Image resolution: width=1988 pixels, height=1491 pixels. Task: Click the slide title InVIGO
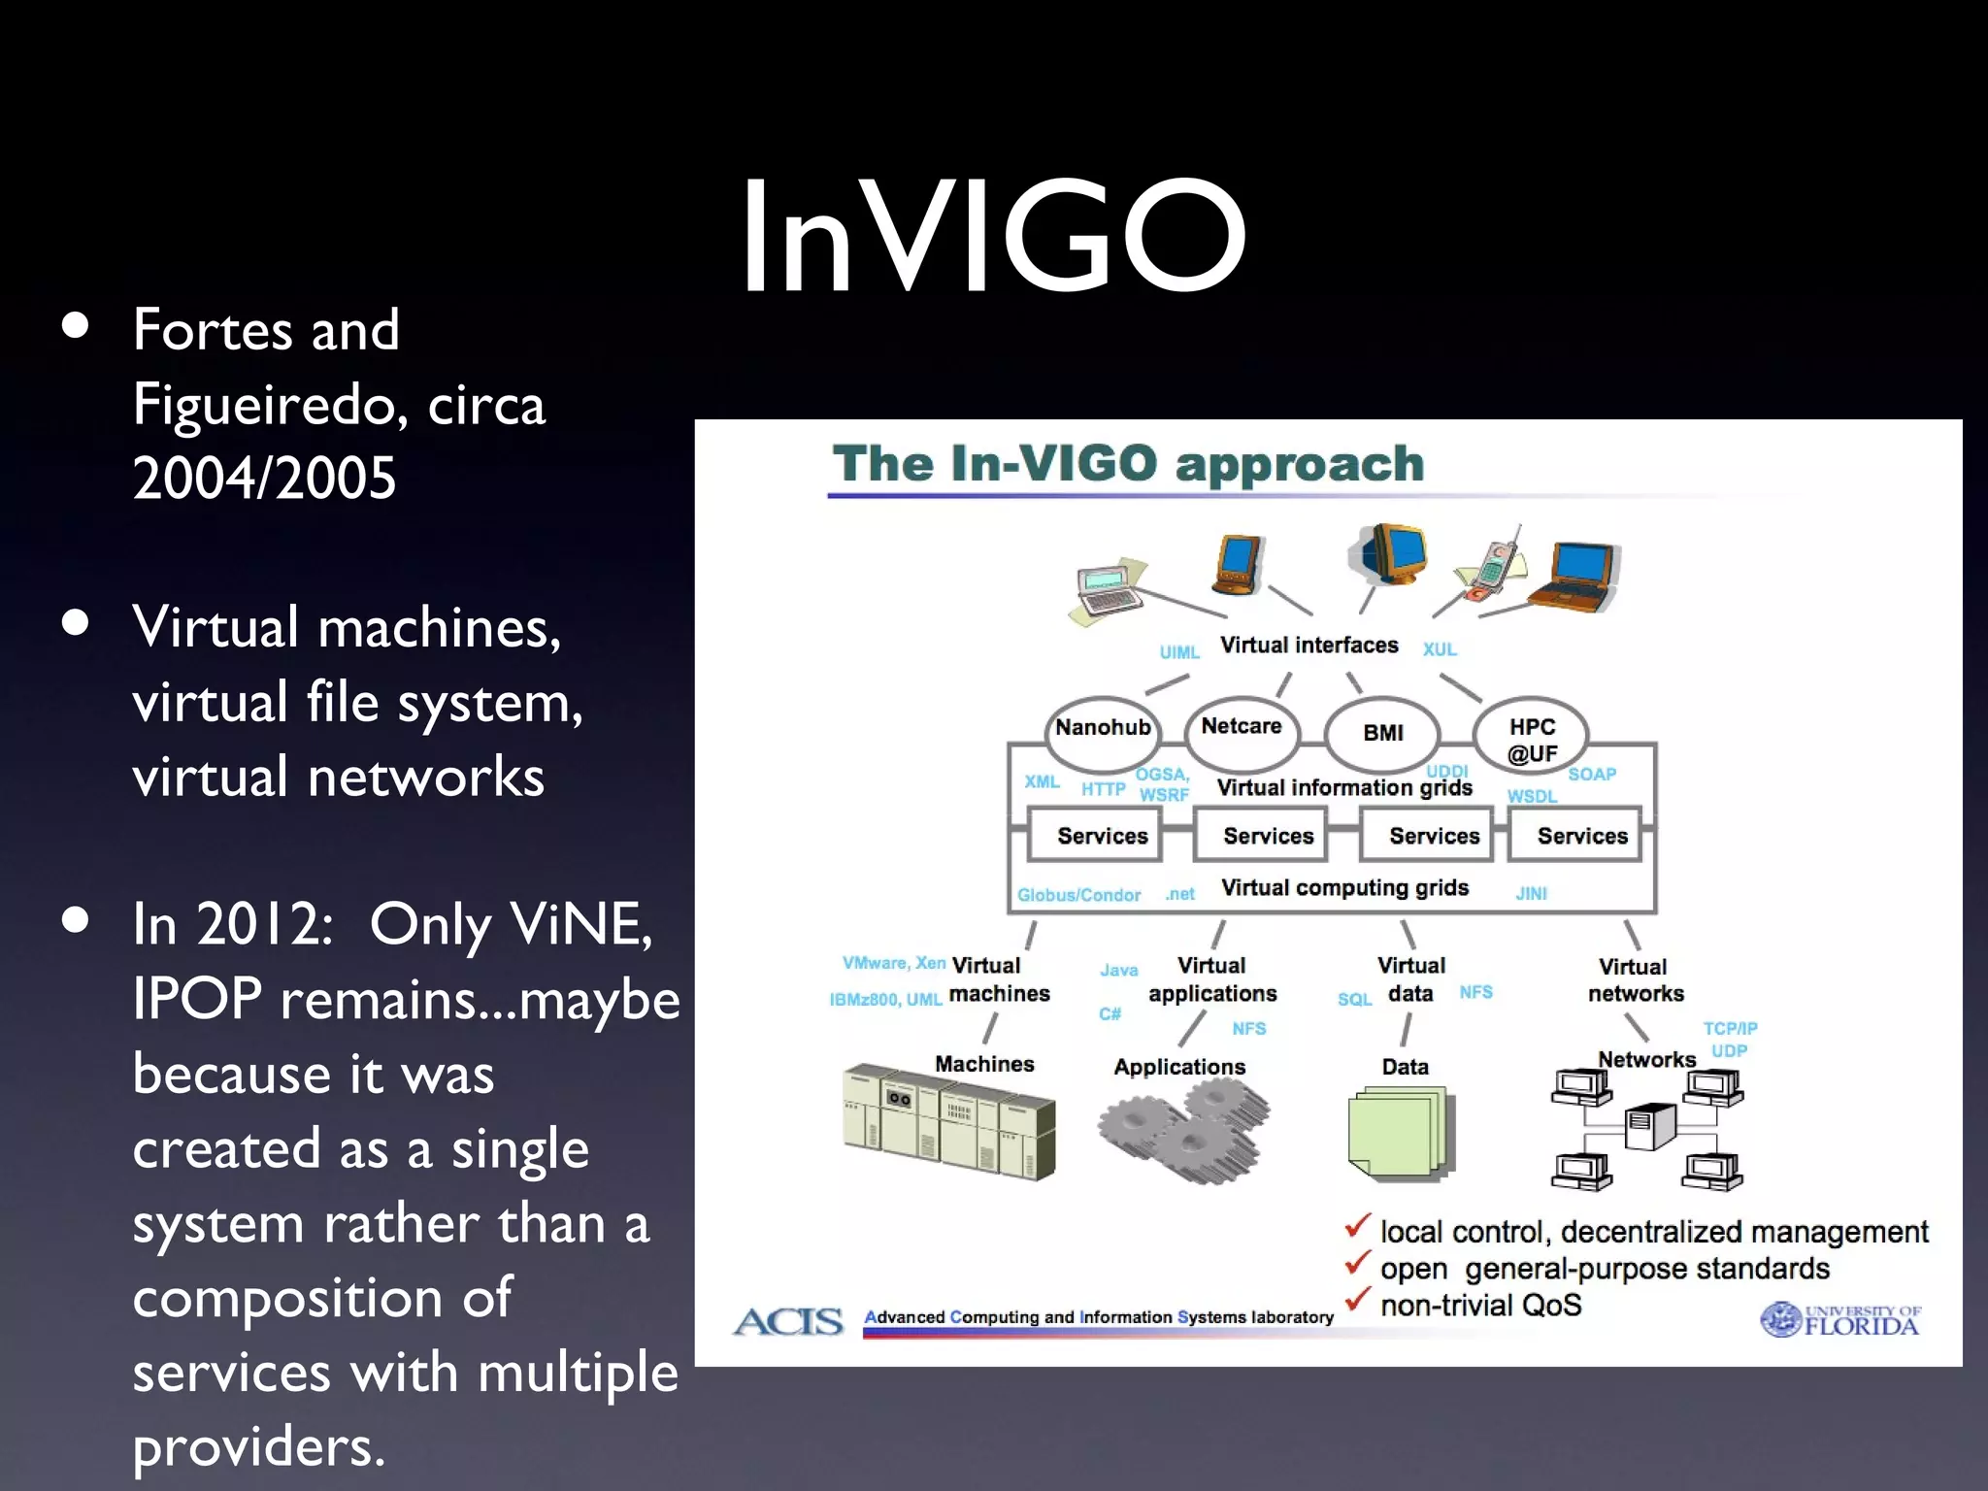[992, 236]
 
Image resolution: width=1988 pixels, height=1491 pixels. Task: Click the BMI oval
[1382, 734]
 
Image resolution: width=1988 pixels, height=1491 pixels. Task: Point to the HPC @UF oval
[1531, 739]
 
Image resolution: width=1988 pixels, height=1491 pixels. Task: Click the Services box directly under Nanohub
[1102, 836]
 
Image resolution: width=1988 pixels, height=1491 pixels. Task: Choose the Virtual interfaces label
[1309, 646]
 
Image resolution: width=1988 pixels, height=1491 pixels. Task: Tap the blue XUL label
[1440, 649]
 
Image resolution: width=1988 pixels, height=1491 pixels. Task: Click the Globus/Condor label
[1078, 895]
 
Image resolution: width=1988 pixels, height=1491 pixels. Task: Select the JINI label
[1531, 893]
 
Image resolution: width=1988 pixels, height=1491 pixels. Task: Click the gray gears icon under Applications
[1182, 1131]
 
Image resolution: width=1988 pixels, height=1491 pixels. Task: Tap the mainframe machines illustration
[948, 1121]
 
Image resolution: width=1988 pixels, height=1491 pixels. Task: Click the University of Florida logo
[1839, 1320]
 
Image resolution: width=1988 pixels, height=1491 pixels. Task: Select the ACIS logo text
[788, 1322]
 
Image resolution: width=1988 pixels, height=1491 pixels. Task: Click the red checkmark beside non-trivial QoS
[1357, 1299]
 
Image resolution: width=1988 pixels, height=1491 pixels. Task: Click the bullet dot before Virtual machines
[75, 622]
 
